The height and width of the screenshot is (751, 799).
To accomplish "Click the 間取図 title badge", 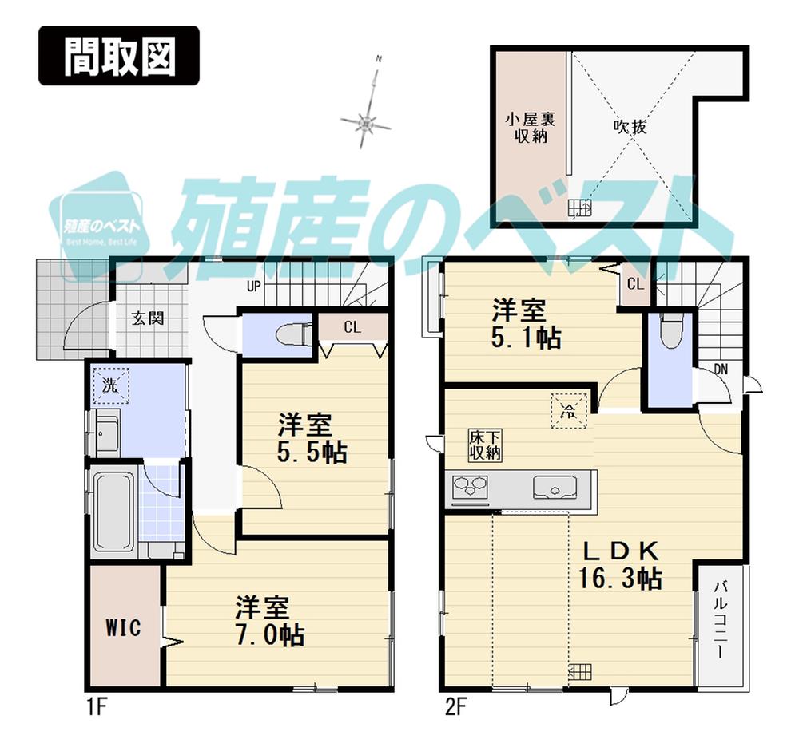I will click(118, 56).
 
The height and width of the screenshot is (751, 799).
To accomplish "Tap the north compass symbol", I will click(366, 122).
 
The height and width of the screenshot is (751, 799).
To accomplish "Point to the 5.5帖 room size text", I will click(312, 453).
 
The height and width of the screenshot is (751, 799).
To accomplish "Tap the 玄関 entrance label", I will click(149, 318).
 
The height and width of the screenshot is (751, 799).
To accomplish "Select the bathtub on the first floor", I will click(113, 511).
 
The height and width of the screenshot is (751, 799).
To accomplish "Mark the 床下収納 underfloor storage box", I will click(484, 445).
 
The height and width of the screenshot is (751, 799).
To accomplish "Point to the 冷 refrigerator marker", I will click(568, 412).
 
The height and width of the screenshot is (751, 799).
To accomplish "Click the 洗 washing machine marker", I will click(108, 385).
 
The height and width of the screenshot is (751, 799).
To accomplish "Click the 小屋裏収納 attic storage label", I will click(530, 127).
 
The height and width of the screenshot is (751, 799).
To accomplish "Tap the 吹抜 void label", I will click(630, 126).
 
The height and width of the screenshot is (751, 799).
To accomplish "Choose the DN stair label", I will click(720, 369).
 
